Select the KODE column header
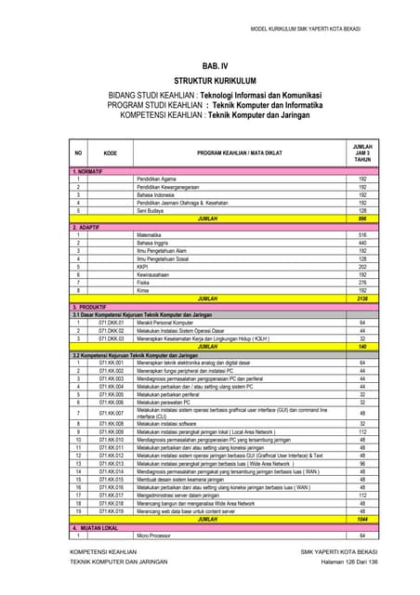coord(111,152)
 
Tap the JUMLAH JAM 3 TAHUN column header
coord(362,152)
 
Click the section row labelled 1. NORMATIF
coord(88,172)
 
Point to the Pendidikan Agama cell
coord(157,179)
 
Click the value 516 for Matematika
coord(362,235)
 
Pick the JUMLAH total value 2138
coord(362,297)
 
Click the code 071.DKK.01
coord(111,322)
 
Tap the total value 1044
coord(362,519)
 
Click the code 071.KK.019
coord(111,510)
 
